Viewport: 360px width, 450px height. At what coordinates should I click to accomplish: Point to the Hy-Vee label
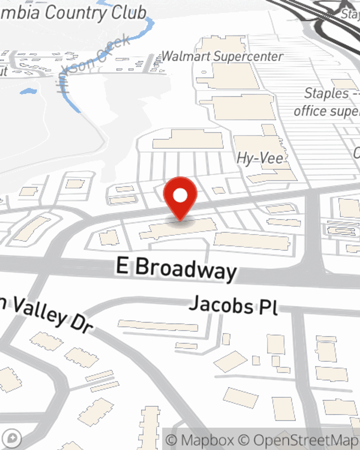point(260,158)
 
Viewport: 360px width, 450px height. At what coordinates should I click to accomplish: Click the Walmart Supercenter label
point(222,57)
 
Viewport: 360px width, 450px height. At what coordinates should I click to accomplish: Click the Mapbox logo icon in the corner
point(12,438)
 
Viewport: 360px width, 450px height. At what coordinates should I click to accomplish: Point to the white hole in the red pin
point(180,195)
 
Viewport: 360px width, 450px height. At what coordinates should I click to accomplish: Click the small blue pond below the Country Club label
point(28,91)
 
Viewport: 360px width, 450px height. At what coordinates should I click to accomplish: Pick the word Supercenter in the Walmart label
point(248,57)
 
